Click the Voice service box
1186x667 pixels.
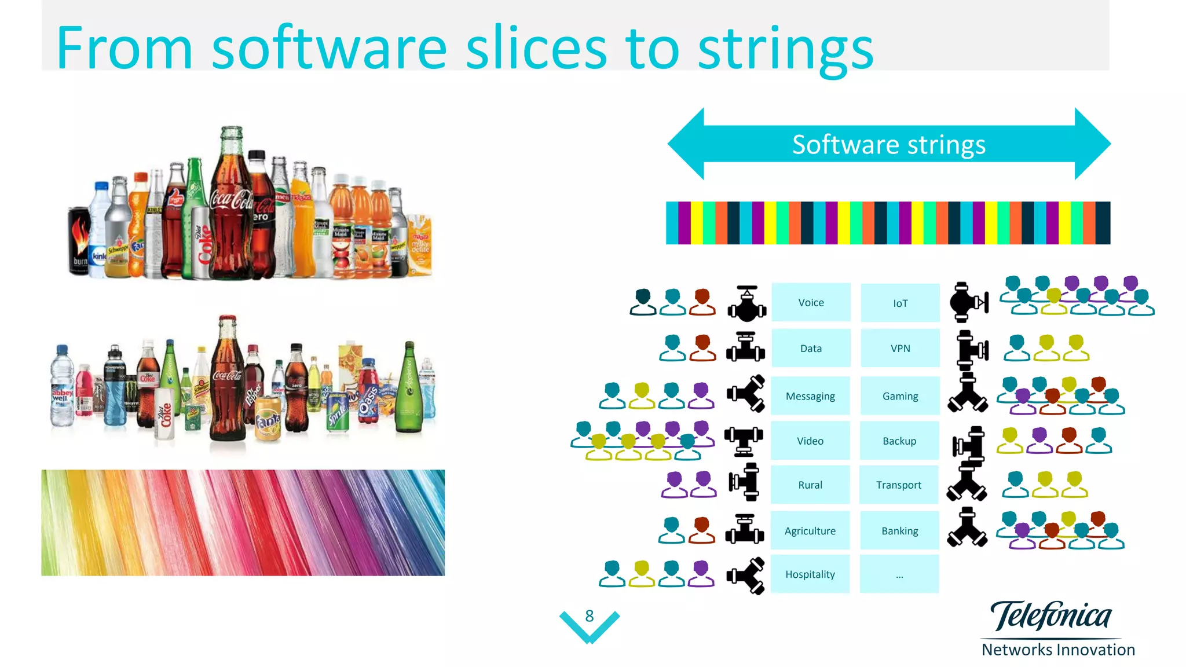tap(811, 302)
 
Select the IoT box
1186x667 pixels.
tap(900, 303)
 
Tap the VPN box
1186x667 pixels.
tap(900, 348)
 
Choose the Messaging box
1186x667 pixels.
tap(810, 396)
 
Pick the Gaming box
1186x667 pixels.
tap(900, 396)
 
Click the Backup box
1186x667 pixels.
tap(899, 441)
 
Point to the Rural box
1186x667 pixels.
tap(810, 485)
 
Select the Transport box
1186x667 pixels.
tap(899, 485)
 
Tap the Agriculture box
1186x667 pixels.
tap(810, 530)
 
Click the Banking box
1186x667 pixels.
tap(899, 530)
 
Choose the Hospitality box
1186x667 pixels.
tap(810, 574)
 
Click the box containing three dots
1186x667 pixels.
tap(899, 574)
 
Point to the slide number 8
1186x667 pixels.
tap(590, 616)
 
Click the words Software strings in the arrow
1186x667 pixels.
tap(888, 144)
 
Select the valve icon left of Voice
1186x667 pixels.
tap(747, 303)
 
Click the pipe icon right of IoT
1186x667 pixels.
tap(969, 302)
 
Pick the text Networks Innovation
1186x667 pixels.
tap(1058, 650)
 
